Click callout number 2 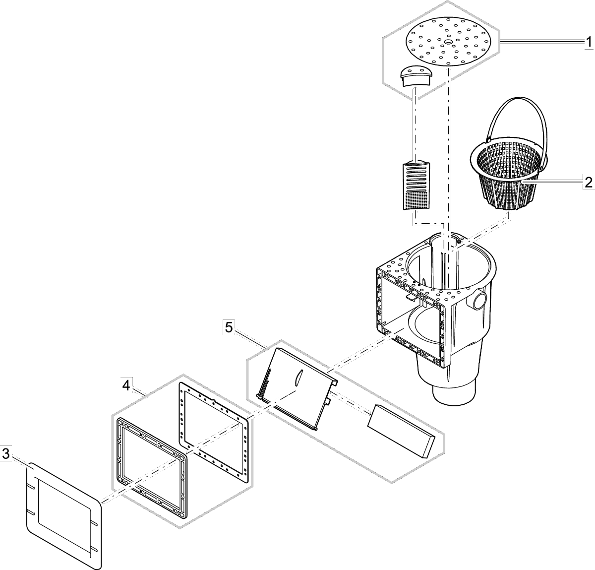click(588, 182)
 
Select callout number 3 click(5, 453)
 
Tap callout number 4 click(127, 385)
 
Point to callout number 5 click(229, 327)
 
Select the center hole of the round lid click(448, 42)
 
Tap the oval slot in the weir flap click(297, 378)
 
